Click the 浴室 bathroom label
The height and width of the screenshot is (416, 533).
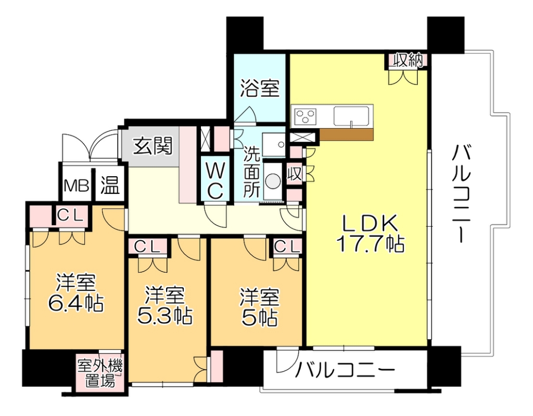(260, 88)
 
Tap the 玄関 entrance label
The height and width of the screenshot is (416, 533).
(152, 146)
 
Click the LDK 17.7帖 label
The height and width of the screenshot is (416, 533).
(370, 235)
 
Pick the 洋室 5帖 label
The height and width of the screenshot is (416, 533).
(259, 307)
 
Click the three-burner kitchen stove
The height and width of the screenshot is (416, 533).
(306, 115)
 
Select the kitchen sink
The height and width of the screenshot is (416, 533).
(352, 115)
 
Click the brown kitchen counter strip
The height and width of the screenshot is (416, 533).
(346, 134)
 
